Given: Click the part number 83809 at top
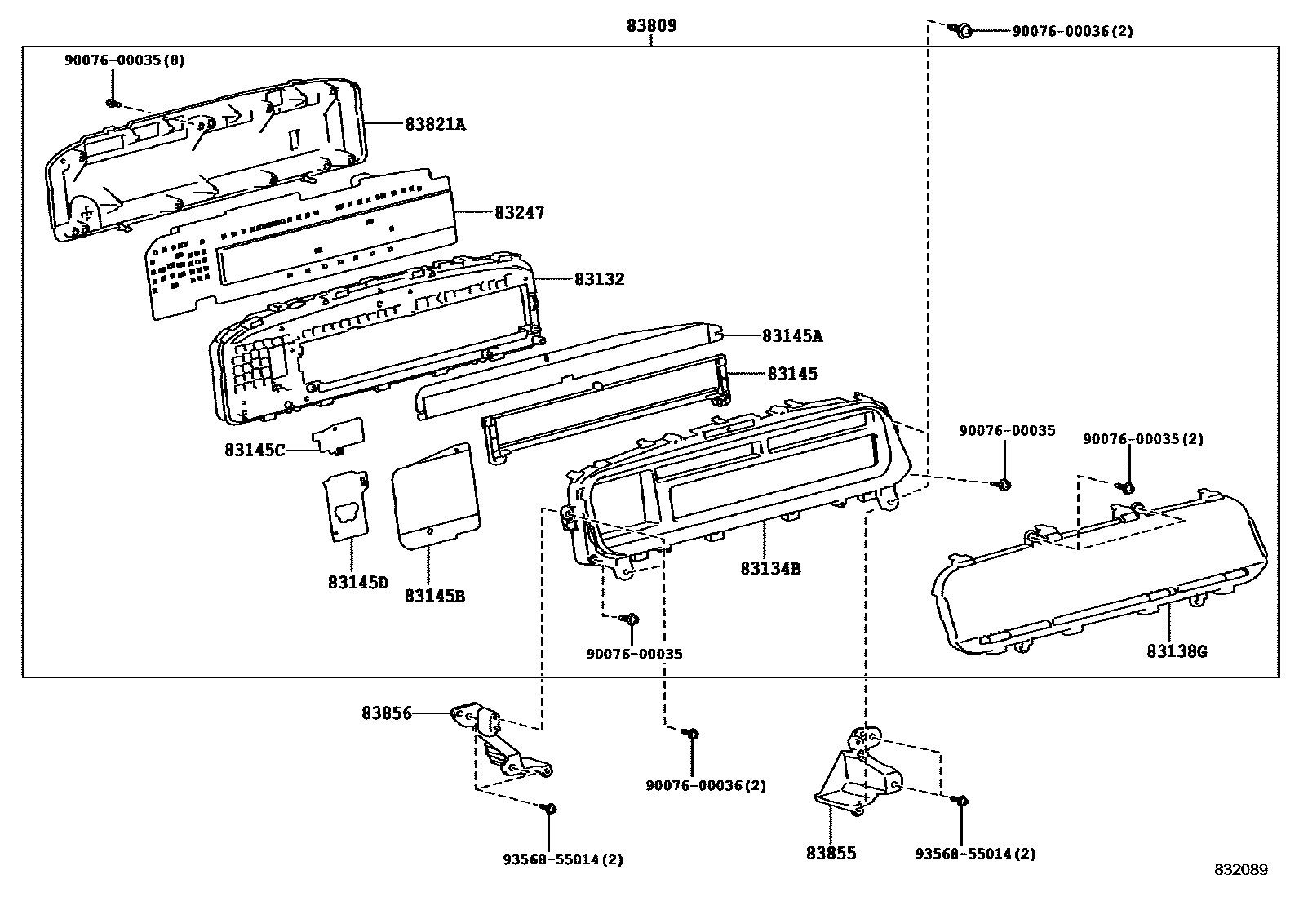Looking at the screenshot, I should (651, 26).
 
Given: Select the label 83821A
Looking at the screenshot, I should (435, 124).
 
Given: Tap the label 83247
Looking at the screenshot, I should (519, 212).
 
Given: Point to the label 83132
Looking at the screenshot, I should (599, 279).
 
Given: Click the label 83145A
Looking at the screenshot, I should (792, 335).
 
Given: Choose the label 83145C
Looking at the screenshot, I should (255, 450).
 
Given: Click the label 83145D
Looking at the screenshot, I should (358, 582).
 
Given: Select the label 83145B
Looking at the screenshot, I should (434, 596).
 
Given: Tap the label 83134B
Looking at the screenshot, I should (770, 568).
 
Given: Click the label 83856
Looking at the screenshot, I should (387, 713).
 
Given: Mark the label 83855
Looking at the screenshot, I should (831, 853).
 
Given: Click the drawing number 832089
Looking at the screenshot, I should (1240, 870).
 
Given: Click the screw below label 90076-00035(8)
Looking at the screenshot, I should (113, 103).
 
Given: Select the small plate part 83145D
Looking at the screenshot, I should (348, 505).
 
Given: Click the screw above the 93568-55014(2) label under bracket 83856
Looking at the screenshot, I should (549, 809).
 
